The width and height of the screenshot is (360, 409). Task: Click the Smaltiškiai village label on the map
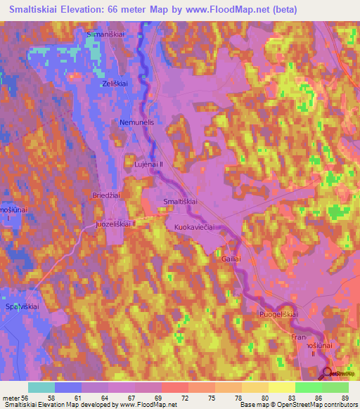(180, 202)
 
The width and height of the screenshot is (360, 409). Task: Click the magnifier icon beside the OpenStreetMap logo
(328, 372)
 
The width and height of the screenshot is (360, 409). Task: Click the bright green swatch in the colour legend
(309, 387)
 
